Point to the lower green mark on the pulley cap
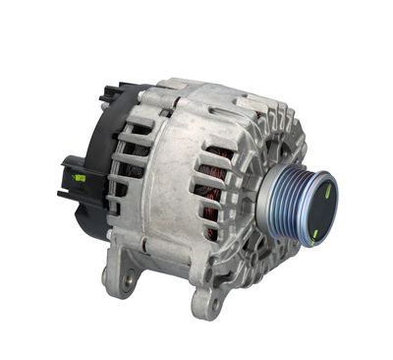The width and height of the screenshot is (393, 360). pos(314,233)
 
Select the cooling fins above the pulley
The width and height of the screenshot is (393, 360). pos(280,138)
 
